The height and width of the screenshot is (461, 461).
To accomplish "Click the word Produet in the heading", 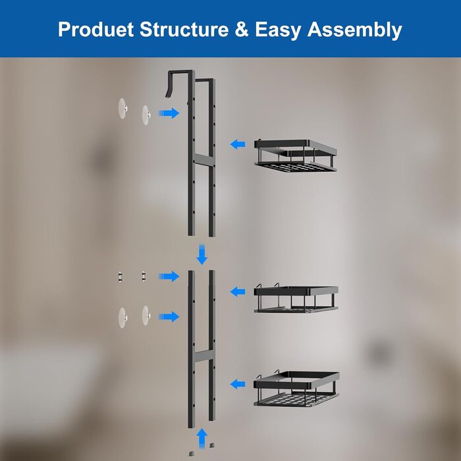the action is coord(96,30).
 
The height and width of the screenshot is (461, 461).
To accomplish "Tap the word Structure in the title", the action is coord(184,29).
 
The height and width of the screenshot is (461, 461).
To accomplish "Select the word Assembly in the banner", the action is coord(354,30).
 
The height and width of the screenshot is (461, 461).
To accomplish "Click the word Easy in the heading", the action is coord(278,30).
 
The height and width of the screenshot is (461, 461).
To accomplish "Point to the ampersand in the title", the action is coord(242,30).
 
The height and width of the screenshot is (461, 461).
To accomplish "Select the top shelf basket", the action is coord(296,155).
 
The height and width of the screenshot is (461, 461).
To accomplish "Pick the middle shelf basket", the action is coord(296,298).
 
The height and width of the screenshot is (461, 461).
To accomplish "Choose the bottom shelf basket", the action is coord(296,388).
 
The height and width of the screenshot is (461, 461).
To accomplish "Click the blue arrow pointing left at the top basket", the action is coord(238,144).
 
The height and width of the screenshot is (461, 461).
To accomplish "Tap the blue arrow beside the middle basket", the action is coord(238,292).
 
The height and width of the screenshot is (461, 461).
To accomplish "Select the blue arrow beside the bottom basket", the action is coord(238,384).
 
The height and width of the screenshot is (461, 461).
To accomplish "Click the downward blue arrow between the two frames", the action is coord(202,254).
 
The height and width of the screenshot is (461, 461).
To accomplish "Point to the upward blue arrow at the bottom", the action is coord(202,438).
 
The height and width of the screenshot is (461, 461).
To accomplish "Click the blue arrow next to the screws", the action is coord(169,277).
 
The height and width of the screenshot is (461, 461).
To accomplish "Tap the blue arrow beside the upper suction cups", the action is coord(169,113).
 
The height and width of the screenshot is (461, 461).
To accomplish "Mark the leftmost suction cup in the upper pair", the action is coord(122,109).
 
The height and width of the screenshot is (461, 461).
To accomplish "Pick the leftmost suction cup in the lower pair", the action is coord(122,318).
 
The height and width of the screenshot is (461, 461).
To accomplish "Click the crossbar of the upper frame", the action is coord(202,159).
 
